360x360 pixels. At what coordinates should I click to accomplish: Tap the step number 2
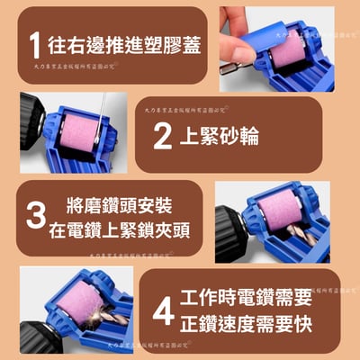click(162, 135)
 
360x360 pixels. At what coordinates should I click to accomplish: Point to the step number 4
click(163, 310)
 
